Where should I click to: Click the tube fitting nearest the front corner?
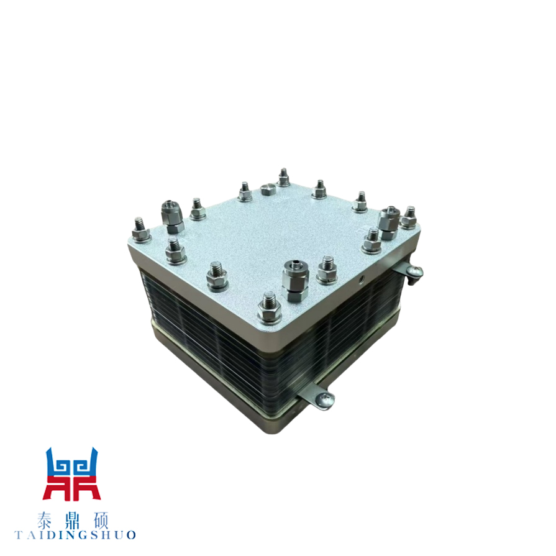pyautogui.click(x=295, y=280)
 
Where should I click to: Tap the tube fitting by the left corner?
pyautogui.click(x=172, y=217)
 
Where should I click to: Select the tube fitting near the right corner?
pyautogui.click(x=389, y=222)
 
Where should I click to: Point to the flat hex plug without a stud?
pyautogui.click(x=268, y=189)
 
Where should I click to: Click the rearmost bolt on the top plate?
pyautogui.click(x=283, y=178)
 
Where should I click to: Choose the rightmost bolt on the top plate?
pyautogui.click(x=409, y=217)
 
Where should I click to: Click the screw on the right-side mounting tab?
pyautogui.click(x=414, y=272)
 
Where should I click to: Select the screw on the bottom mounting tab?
pyautogui.click(x=326, y=399)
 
